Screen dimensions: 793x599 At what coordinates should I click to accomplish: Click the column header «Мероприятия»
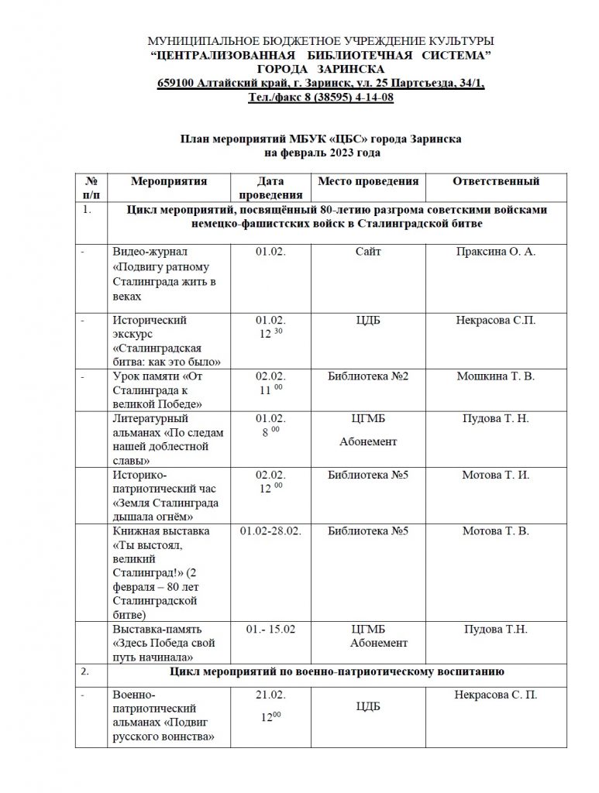[169, 182]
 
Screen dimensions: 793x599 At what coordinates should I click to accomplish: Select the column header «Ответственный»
[495, 182]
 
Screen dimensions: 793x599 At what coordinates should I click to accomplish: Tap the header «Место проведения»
[368, 182]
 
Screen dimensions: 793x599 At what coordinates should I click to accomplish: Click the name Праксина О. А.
[495, 252]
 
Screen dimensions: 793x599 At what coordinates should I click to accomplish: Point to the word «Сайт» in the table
[368, 252]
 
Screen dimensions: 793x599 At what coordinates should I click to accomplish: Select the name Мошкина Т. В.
[495, 376]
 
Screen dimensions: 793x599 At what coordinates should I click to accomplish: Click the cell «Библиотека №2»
[368, 376]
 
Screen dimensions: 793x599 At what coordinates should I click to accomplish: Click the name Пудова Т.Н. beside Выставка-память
[495, 630]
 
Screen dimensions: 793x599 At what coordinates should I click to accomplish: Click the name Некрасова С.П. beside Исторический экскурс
[495, 320]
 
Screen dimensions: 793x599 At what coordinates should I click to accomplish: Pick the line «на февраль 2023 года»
[321, 153]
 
